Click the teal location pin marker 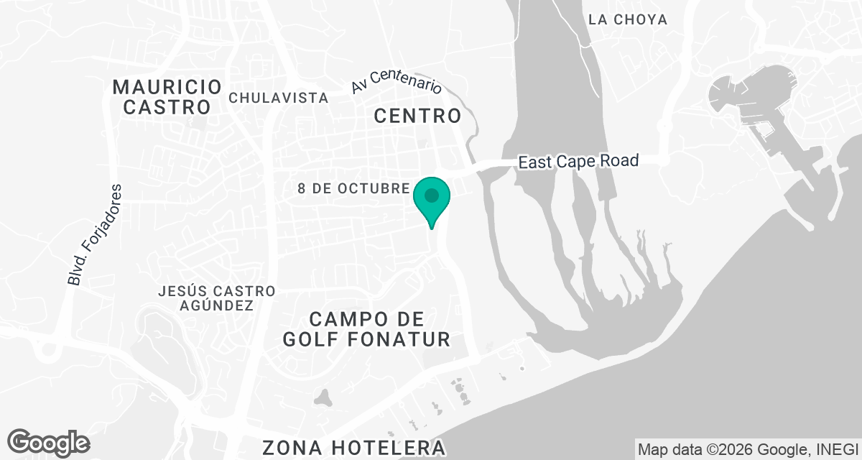coord(432,198)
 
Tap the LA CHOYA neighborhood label coord(627,19)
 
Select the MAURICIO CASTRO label coord(167,97)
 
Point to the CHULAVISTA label coord(279,98)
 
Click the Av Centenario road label coord(396,83)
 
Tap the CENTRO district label coord(417,115)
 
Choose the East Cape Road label coord(578,162)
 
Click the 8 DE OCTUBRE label coord(353,188)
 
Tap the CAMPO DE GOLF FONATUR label coord(366,328)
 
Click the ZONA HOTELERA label coord(354,447)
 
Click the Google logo coord(49,442)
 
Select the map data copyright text coord(747,449)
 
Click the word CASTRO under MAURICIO coord(167,107)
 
